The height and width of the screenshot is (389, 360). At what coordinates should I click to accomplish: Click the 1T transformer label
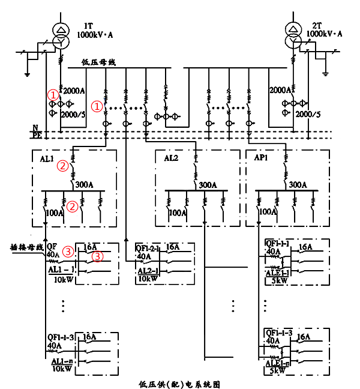[x=88, y=26]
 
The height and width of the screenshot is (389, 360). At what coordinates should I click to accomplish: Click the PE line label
[x=35, y=136]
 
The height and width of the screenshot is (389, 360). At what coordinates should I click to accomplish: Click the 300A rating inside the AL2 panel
[x=208, y=185]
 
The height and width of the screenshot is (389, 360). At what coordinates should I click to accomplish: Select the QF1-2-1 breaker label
[x=148, y=247]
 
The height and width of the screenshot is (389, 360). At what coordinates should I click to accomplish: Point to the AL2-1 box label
[x=147, y=271]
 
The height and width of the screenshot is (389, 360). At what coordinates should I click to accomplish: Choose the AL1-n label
[x=62, y=361]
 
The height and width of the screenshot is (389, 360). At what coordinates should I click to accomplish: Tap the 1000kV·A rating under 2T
[x=324, y=35]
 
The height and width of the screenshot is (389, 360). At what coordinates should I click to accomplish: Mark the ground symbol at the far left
[x=28, y=73]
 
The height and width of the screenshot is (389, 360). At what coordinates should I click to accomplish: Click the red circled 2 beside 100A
[x=73, y=206]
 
